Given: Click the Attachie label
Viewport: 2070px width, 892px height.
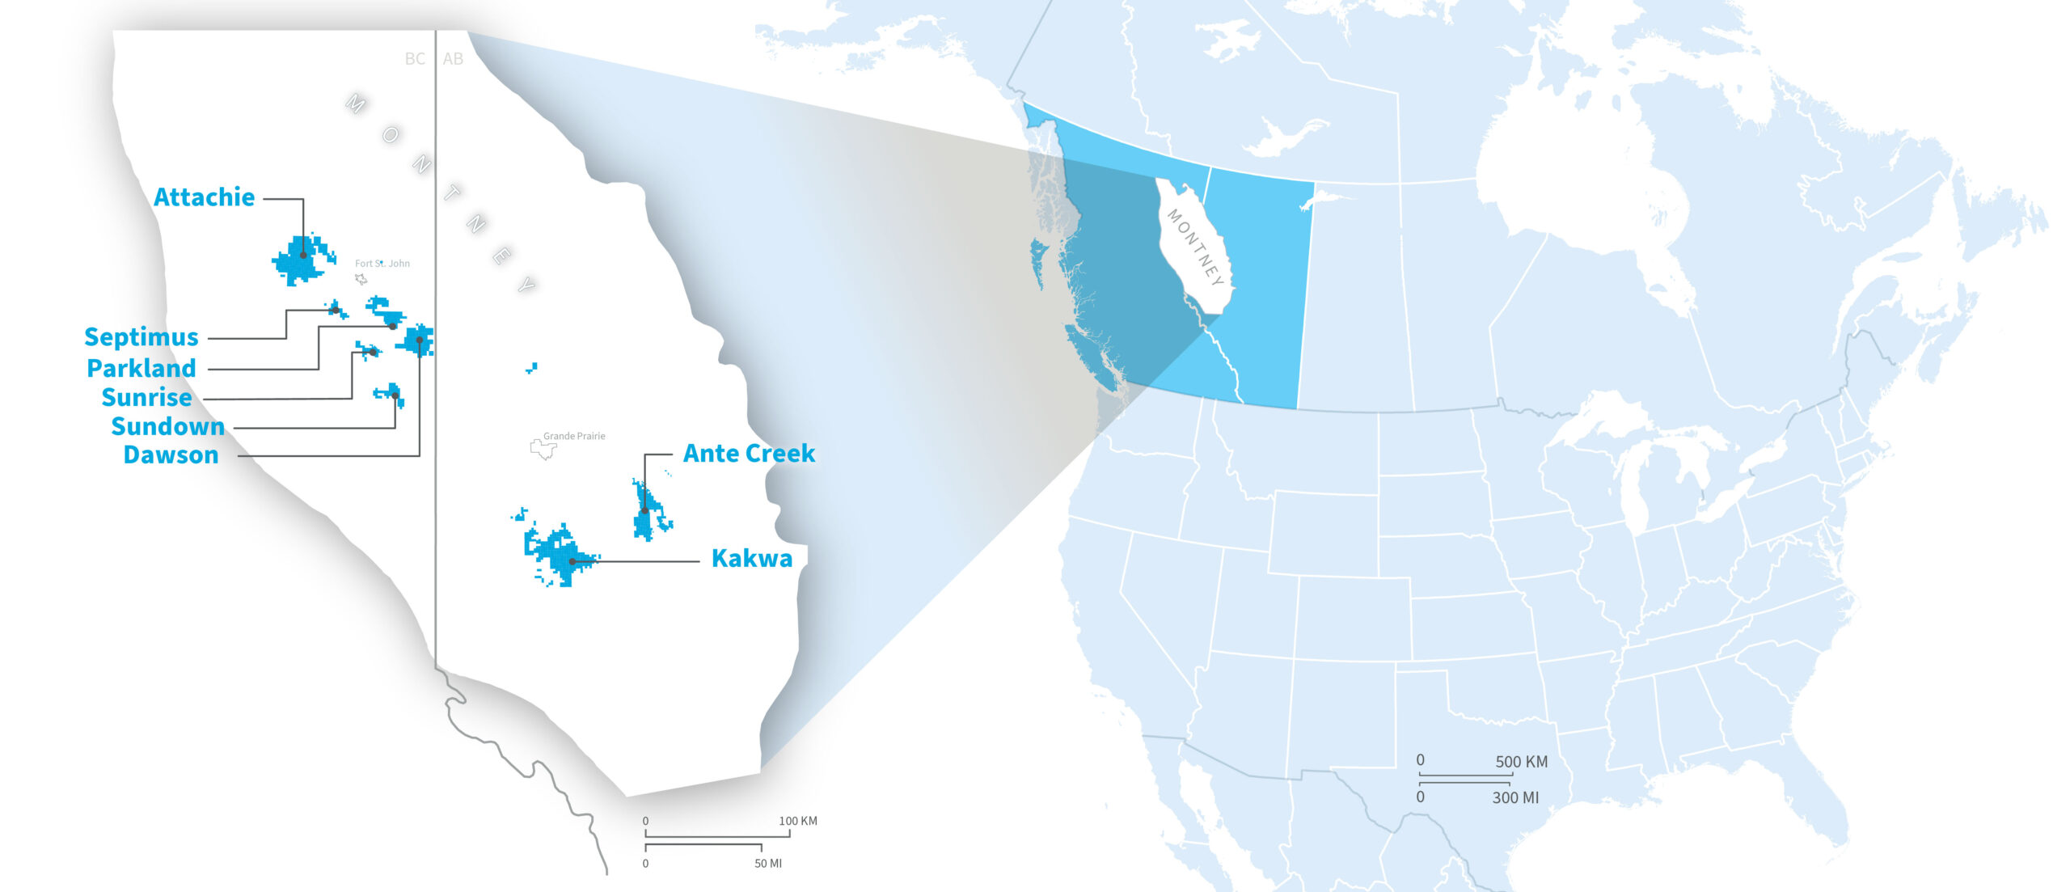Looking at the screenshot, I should (204, 197).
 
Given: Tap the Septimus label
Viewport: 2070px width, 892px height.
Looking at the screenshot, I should (142, 337).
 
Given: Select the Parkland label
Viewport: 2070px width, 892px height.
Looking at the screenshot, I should (142, 369).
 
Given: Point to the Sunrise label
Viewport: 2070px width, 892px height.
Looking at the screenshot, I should (146, 398).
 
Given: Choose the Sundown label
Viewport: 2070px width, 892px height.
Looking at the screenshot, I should (167, 427).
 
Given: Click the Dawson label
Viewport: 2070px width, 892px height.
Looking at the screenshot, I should (171, 455).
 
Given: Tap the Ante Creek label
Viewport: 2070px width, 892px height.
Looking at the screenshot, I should (749, 454).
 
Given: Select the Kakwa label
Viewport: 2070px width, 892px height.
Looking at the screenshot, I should (751, 559).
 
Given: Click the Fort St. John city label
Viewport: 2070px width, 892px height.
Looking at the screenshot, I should (382, 264).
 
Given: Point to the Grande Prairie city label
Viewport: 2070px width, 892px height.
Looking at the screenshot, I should (574, 436).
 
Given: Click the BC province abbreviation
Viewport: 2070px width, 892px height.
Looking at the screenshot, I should (415, 59).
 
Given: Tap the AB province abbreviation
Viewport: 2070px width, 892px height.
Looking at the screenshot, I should (453, 59).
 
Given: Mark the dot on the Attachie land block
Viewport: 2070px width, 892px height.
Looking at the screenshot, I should (303, 255).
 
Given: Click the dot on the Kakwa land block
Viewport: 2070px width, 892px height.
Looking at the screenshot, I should (572, 561).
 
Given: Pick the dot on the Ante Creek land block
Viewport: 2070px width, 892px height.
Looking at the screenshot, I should (644, 510).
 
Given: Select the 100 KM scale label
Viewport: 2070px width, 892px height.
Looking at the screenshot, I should (797, 821).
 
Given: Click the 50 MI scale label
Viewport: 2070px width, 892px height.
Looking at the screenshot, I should (767, 864).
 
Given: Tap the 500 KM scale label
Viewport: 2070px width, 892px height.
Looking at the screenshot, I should (1521, 762).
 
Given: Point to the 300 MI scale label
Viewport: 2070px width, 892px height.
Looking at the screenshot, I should (1515, 797).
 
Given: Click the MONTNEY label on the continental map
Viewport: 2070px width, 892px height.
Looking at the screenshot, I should (1194, 247).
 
